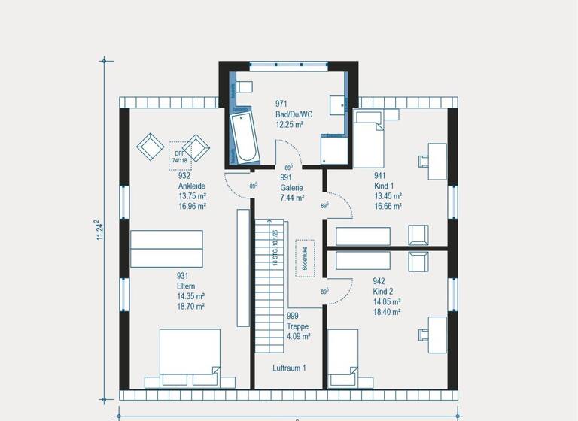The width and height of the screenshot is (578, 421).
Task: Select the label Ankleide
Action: pos(192,186)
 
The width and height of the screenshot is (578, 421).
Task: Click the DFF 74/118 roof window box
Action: pos(180,152)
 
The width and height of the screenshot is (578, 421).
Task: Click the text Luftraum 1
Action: pos(289,368)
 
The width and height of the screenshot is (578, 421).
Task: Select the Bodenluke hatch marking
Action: pos(305,258)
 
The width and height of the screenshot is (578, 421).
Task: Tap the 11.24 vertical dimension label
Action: pos(98,230)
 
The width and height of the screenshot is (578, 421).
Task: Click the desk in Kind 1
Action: pos(437,159)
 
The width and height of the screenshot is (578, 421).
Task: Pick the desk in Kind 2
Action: pos(437,334)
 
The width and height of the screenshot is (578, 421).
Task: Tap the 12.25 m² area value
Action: pos(289,125)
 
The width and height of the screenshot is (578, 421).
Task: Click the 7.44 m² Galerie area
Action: pos(292,198)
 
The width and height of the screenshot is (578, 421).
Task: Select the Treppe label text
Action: pos(297,327)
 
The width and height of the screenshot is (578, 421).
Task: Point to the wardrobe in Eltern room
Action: pos(166,249)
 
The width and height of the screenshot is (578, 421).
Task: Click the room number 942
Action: pos(379,282)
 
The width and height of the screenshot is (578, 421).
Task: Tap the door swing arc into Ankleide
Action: pos(238,184)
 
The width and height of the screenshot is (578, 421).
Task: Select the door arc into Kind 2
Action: pos(339,289)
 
